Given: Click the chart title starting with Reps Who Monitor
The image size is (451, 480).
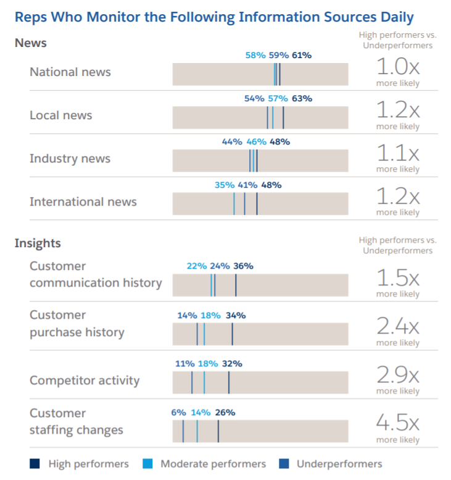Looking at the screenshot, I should click(214, 17).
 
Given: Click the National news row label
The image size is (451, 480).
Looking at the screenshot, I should click(70, 72).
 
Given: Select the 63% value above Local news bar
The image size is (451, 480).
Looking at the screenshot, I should click(302, 98).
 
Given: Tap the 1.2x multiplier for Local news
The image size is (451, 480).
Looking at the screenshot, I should click(398, 110).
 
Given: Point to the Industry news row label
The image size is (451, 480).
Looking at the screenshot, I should click(70, 159).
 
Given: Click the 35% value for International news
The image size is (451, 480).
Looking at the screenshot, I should click(225, 185).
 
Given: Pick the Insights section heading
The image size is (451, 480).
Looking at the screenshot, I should click(38, 243).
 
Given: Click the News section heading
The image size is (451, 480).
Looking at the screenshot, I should click(30, 43).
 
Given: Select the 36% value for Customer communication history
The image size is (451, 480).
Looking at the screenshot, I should click(243, 266).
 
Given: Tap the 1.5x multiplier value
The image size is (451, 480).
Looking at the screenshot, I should click(398, 278).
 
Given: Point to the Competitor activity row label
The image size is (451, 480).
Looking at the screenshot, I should click(85, 381).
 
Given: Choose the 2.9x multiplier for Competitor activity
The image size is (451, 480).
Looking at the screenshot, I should click(398, 375).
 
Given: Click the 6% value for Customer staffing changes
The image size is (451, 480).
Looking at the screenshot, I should click(178, 413).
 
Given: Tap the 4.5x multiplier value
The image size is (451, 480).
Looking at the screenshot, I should click(398, 424).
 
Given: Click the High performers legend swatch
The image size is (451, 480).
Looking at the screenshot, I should click(35, 464).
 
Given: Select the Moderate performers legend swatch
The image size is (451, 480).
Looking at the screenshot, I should click(147, 464).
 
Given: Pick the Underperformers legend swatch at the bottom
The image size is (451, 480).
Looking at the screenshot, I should click(284, 464).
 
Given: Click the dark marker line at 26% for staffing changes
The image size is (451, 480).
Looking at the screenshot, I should click(218, 431).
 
